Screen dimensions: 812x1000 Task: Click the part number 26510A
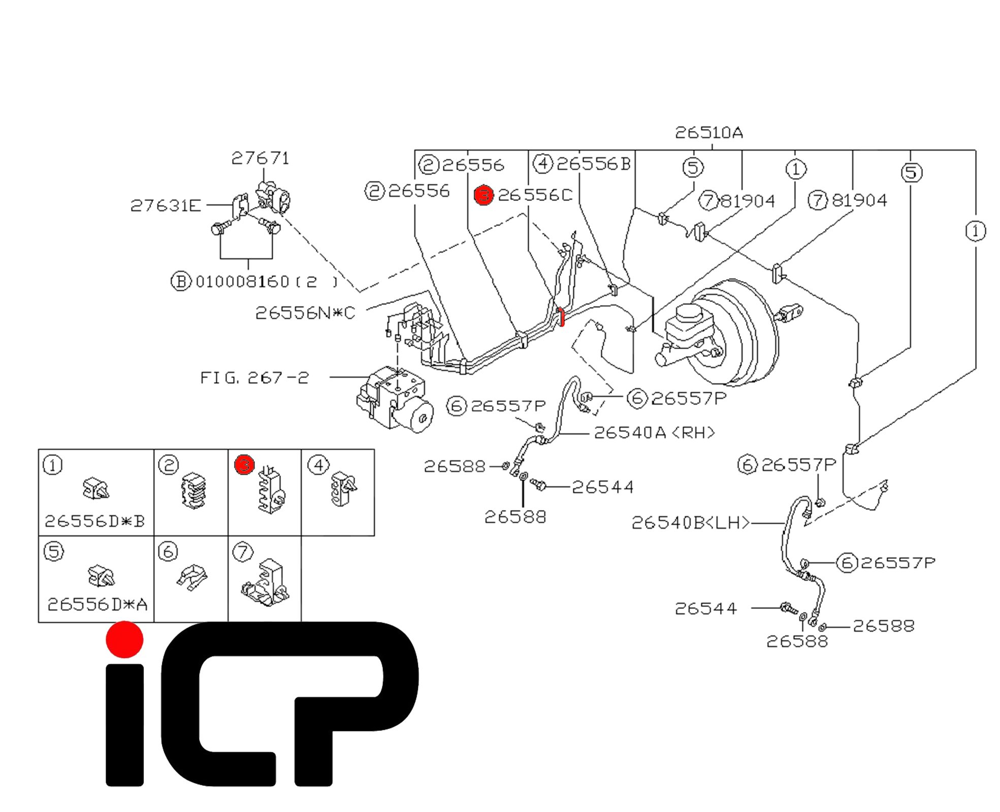(708, 133)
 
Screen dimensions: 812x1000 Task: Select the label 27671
(260, 158)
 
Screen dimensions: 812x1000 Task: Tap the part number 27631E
(166, 206)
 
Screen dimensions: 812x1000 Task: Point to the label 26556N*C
(305, 313)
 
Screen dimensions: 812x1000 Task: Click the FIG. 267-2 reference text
(254, 378)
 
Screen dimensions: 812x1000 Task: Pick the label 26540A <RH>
(654, 433)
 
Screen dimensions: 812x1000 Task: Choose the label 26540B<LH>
(690, 523)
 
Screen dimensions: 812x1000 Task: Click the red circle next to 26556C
(483, 195)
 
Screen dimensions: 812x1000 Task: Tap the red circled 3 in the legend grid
(244, 465)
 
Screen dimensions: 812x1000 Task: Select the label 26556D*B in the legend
(95, 521)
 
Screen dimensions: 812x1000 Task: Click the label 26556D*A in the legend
(98, 604)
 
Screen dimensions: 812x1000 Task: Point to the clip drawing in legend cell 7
(266, 584)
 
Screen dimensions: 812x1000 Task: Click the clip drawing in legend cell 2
(193, 490)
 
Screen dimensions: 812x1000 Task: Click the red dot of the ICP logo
(124, 639)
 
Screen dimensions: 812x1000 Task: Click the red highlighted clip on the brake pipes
(561, 317)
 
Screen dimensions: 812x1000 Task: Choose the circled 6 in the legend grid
(168, 552)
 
